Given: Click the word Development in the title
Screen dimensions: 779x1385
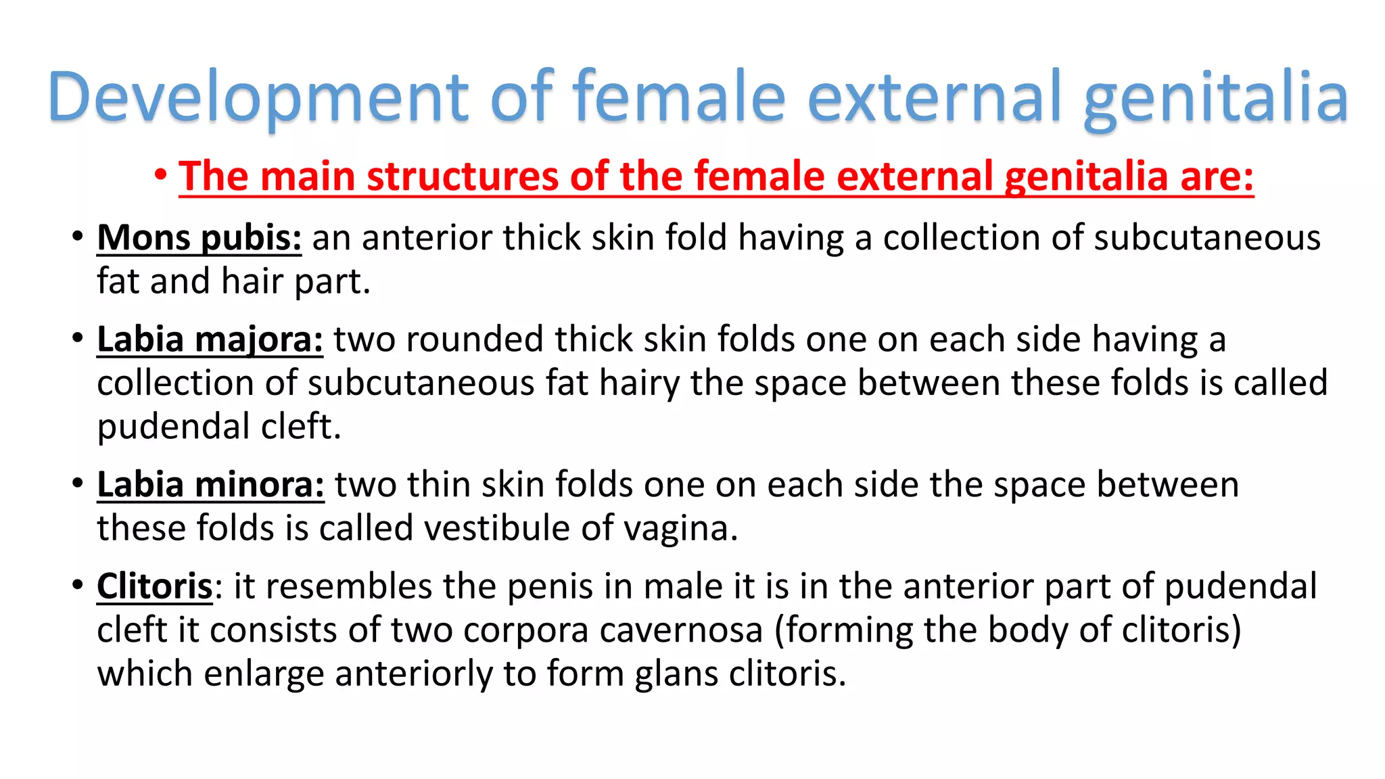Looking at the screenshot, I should tap(257, 96).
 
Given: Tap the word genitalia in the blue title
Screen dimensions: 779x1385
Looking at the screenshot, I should tap(1215, 96).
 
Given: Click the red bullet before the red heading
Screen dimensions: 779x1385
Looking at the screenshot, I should tap(160, 175).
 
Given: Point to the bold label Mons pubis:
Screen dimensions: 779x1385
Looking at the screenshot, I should tap(199, 238).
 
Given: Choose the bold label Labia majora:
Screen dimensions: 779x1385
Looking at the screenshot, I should tap(210, 339).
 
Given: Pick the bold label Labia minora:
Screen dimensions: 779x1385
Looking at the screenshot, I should tap(210, 485).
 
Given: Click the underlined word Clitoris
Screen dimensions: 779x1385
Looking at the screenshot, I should tap(155, 586).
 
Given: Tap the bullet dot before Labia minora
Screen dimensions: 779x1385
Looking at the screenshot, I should tap(78, 483).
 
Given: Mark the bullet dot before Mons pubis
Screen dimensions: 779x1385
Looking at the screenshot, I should tap(78, 237).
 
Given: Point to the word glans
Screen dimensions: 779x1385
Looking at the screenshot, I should tap(676, 674).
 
